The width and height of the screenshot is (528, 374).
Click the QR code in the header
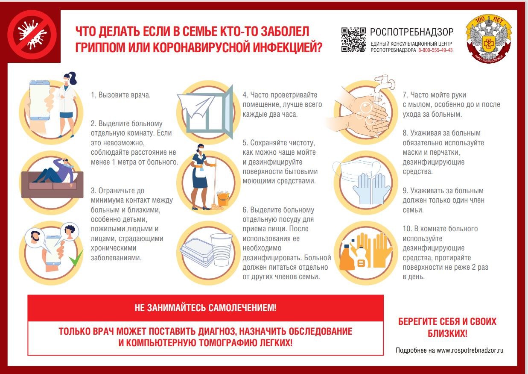353,40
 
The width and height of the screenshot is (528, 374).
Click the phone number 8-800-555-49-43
435,50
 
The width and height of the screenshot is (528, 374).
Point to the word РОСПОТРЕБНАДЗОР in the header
411,32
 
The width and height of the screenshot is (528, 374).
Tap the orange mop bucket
223,199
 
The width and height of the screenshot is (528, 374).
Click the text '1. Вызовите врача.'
120,95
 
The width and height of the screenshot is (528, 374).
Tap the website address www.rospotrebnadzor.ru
470,350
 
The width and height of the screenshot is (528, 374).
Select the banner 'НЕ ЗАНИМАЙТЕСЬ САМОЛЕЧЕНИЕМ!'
205,308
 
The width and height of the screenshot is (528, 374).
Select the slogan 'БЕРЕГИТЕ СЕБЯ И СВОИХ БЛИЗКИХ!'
447,327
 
